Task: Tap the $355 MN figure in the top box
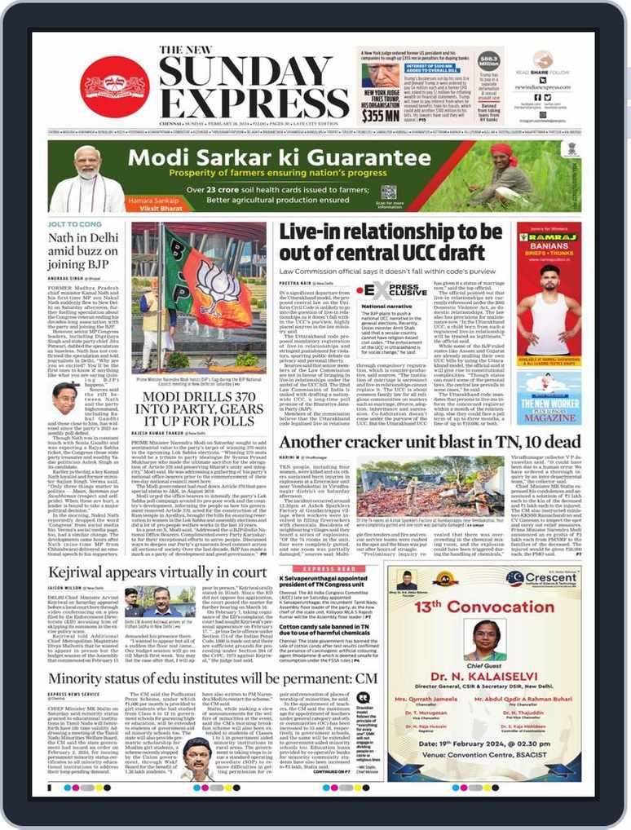pyautogui.click(x=381, y=116)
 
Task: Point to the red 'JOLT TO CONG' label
pyautogui.click(x=74, y=223)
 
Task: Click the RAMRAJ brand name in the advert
pyautogui.click(x=549, y=241)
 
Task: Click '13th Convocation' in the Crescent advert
pyautogui.click(x=506, y=606)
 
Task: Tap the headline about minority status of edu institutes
pyautogui.click(x=212, y=678)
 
